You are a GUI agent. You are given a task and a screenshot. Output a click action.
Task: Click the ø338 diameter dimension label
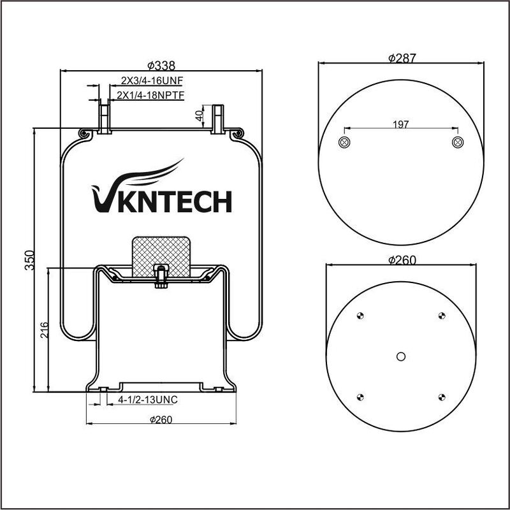click(x=161, y=66)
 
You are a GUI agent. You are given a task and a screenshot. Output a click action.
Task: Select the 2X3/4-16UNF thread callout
click(x=152, y=80)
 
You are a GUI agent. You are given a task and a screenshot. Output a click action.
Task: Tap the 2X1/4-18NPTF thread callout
click(x=150, y=95)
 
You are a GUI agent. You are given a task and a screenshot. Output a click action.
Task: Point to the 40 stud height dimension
click(x=199, y=115)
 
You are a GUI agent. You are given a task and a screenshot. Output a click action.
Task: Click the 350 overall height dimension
click(x=29, y=260)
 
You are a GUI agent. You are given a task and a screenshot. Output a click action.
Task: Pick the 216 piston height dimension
click(x=44, y=330)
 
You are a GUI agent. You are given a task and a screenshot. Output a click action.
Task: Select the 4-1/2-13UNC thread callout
click(x=148, y=400)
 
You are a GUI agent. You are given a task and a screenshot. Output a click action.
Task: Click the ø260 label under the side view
click(x=161, y=419)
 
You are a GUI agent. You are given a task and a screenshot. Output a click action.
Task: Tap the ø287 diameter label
click(x=402, y=58)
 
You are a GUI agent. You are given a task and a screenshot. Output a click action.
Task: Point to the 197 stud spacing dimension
click(x=401, y=124)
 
